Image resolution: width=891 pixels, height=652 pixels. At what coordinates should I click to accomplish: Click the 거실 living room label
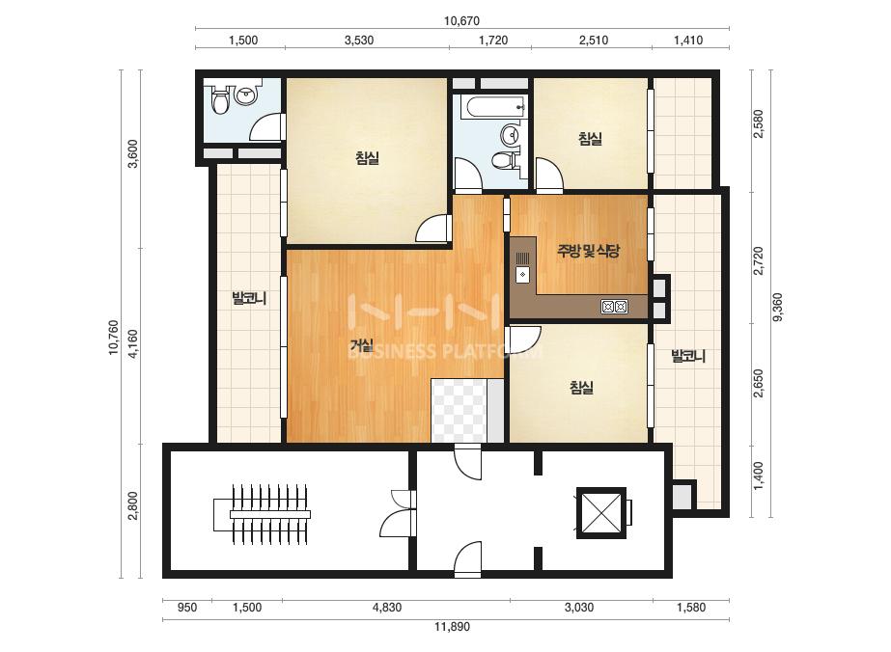(361, 344)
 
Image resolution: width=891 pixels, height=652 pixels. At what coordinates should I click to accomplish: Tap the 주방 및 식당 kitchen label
(588, 251)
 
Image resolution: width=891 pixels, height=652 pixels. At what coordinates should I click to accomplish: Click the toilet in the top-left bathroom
(219, 100)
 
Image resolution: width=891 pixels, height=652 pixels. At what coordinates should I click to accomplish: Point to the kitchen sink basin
(522, 275)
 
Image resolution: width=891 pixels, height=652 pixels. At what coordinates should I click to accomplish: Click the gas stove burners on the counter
(614, 307)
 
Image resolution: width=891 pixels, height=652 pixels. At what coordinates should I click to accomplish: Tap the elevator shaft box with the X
(601, 513)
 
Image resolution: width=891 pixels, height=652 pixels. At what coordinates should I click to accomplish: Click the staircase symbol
(262, 514)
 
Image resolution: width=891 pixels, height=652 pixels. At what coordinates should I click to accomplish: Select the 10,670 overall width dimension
(461, 21)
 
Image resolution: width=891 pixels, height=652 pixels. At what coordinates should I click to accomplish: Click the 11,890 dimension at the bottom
(453, 627)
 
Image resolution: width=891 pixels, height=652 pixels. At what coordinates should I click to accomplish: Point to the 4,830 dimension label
(387, 607)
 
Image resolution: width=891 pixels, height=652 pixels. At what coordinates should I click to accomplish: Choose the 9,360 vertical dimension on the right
(777, 307)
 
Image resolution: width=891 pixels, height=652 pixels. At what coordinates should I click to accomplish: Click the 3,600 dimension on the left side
(133, 154)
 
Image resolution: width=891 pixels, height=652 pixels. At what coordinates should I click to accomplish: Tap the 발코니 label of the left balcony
(249, 298)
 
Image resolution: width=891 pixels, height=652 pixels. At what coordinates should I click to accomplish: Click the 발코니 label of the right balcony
(688, 356)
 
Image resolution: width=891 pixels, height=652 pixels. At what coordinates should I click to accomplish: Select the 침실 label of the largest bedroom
(367, 158)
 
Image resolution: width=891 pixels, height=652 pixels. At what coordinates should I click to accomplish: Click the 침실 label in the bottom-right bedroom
(581, 388)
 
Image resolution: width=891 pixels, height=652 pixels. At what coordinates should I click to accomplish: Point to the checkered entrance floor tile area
(459, 411)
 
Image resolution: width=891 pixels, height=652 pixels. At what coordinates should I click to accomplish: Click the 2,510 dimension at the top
(594, 41)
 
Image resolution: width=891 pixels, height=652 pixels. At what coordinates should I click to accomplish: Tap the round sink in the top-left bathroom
(245, 95)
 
